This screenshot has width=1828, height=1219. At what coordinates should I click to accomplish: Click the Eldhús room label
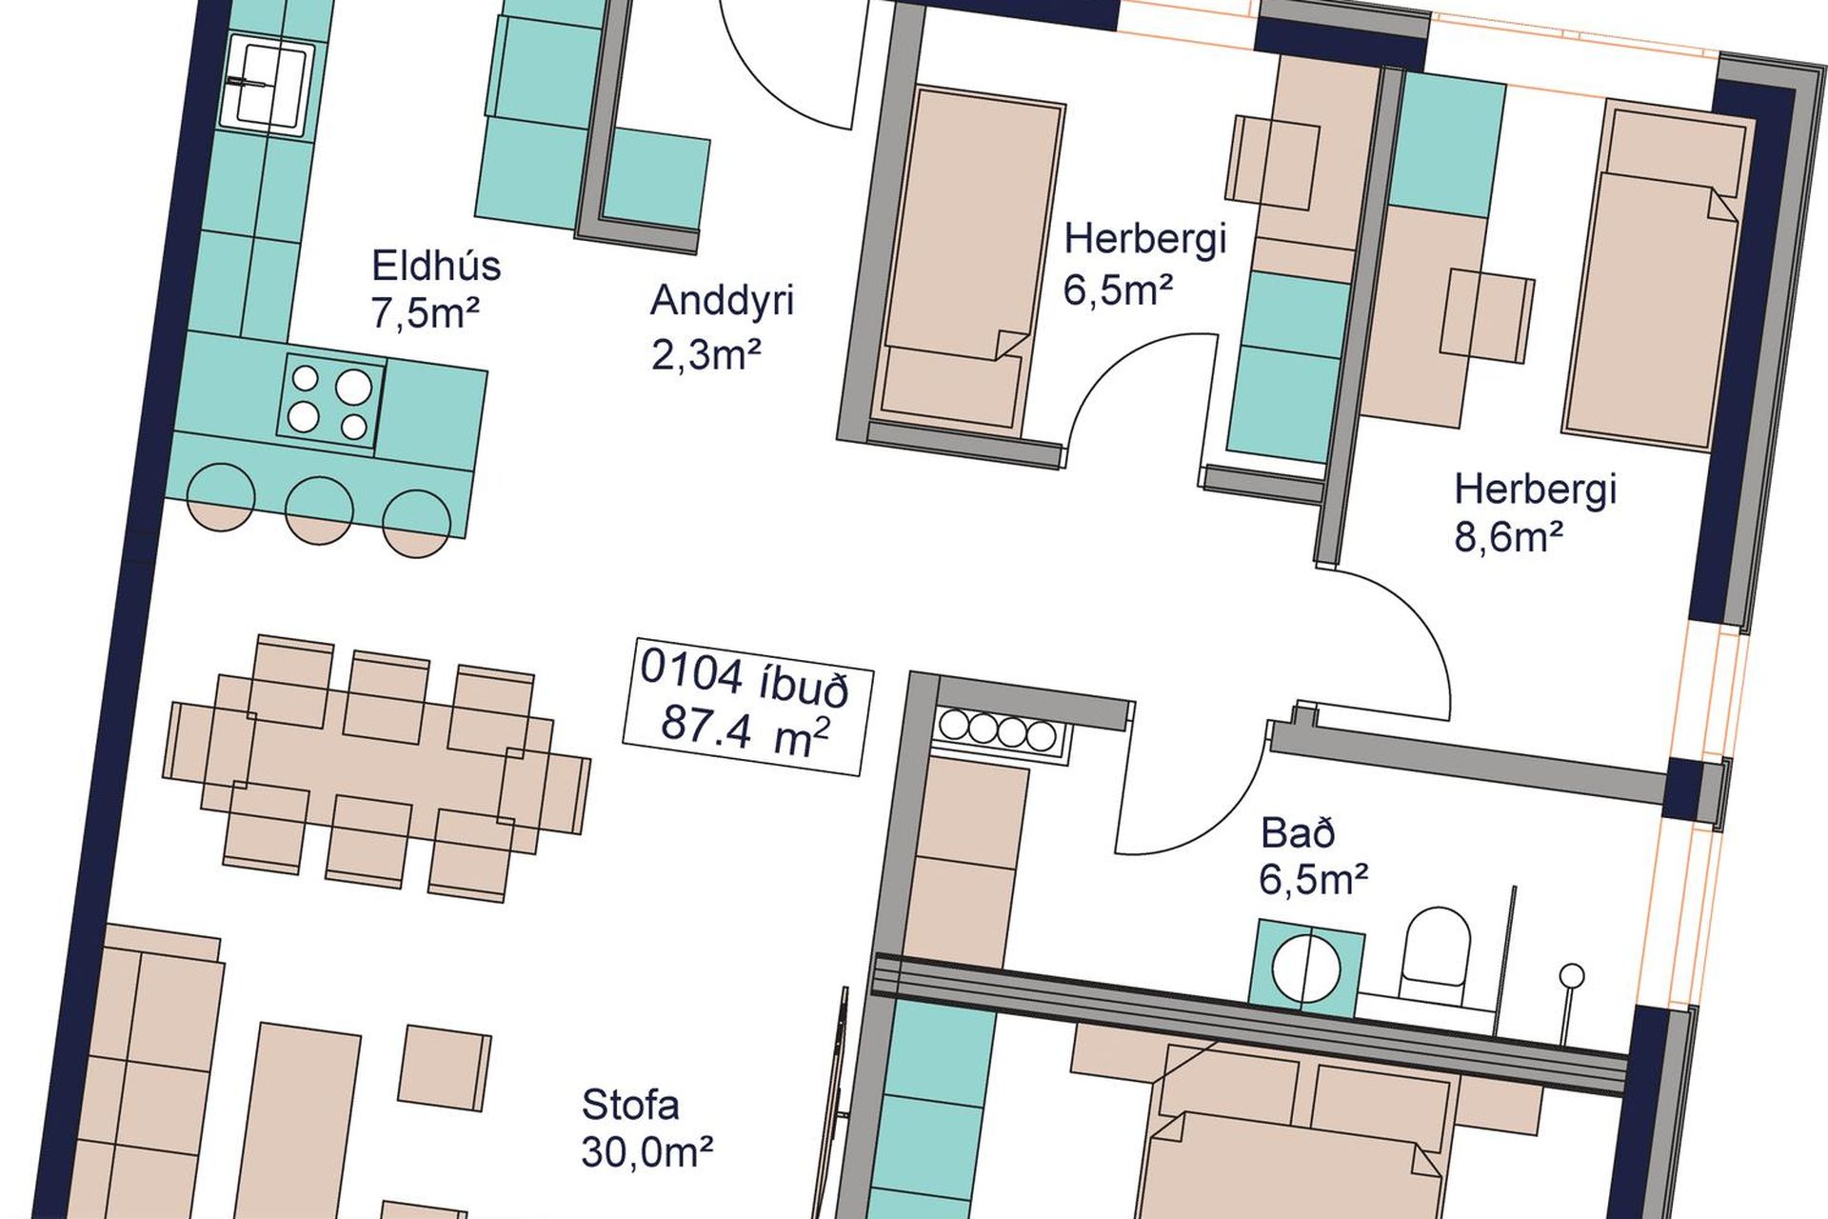point(435,266)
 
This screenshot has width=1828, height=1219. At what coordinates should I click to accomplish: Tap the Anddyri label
point(722,302)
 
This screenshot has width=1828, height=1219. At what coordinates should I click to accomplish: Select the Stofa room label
point(630,1106)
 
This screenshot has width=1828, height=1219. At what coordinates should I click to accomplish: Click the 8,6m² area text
point(1508,538)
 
